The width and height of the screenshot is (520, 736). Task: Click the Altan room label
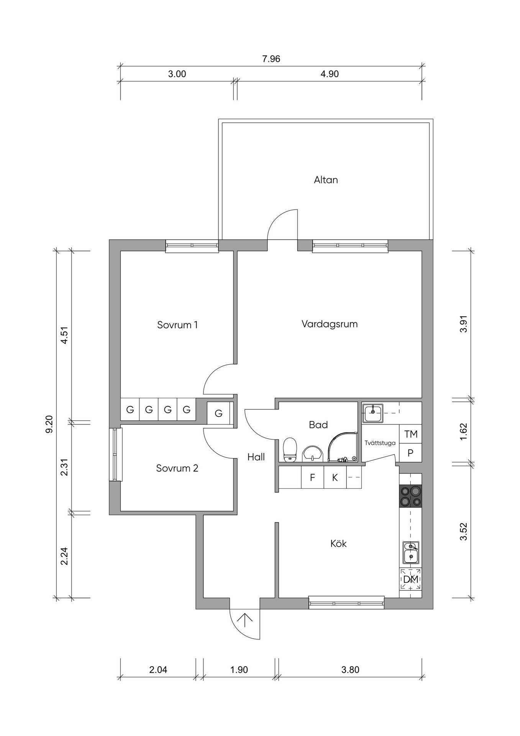[x=326, y=180]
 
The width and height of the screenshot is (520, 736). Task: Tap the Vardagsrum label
[x=330, y=324]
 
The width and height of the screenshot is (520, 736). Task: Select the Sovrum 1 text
[x=177, y=325]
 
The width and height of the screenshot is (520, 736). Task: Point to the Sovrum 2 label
[x=177, y=468]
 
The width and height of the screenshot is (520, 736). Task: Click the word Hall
[x=256, y=457]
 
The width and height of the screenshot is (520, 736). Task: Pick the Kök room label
[x=338, y=543]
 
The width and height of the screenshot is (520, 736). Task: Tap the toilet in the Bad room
[x=290, y=450]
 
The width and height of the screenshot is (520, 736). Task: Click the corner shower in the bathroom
[x=343, y=447]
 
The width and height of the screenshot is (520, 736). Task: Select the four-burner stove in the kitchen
[x=410, y=496]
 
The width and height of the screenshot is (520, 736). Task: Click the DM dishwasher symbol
[x=410, y=579]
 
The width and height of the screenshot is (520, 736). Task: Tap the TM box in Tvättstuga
[x=410, y=434]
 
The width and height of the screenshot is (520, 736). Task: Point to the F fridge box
[x=312, y=477]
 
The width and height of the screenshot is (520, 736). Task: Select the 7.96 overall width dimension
[x=271, y=59]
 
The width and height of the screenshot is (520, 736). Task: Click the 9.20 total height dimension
[x=49, y=424]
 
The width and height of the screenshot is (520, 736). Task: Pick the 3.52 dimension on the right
[x=464, y=532]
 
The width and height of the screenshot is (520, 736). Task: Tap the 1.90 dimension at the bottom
[x=239, y=670]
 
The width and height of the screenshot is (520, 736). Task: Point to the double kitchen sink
[x=411, y=552]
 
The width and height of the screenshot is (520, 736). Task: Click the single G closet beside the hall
[x=218, y=413]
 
